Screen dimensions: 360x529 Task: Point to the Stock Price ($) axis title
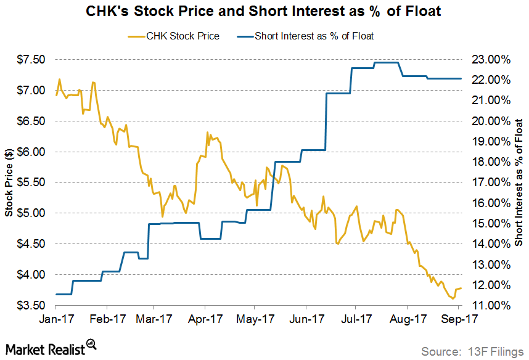point(9,183)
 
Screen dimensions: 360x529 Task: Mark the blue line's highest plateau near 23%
point(386,63)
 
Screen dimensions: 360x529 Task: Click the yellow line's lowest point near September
point(454,298)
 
